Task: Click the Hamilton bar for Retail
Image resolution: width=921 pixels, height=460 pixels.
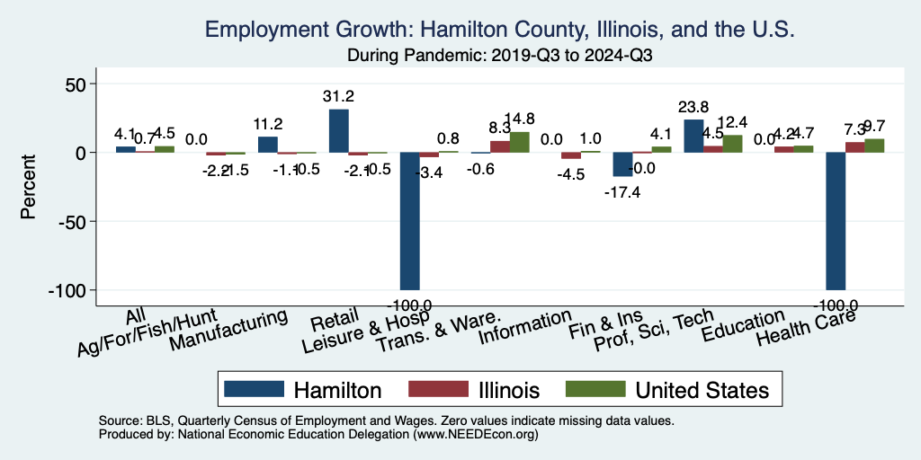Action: [338, 130]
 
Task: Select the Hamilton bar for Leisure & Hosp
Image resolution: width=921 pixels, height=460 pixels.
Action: [409, 221]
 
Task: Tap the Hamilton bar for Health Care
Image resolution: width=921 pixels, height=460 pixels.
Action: [836, 221]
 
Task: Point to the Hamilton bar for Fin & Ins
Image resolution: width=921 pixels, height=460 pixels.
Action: [622, 164]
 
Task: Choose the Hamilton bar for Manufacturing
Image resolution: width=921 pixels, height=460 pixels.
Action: [267, 145]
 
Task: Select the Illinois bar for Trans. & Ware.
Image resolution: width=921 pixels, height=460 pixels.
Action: [500, 146]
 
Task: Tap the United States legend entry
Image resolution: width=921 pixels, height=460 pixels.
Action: [666, 390]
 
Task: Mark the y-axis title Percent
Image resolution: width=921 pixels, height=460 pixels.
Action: [28, 187]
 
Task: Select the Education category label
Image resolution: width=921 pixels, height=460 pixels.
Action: [744, 322]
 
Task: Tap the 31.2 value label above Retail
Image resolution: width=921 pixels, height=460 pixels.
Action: [338, 96]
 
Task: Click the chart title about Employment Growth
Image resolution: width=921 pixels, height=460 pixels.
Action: [499, 30]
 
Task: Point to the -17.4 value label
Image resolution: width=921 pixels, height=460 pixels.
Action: [622, 190]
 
